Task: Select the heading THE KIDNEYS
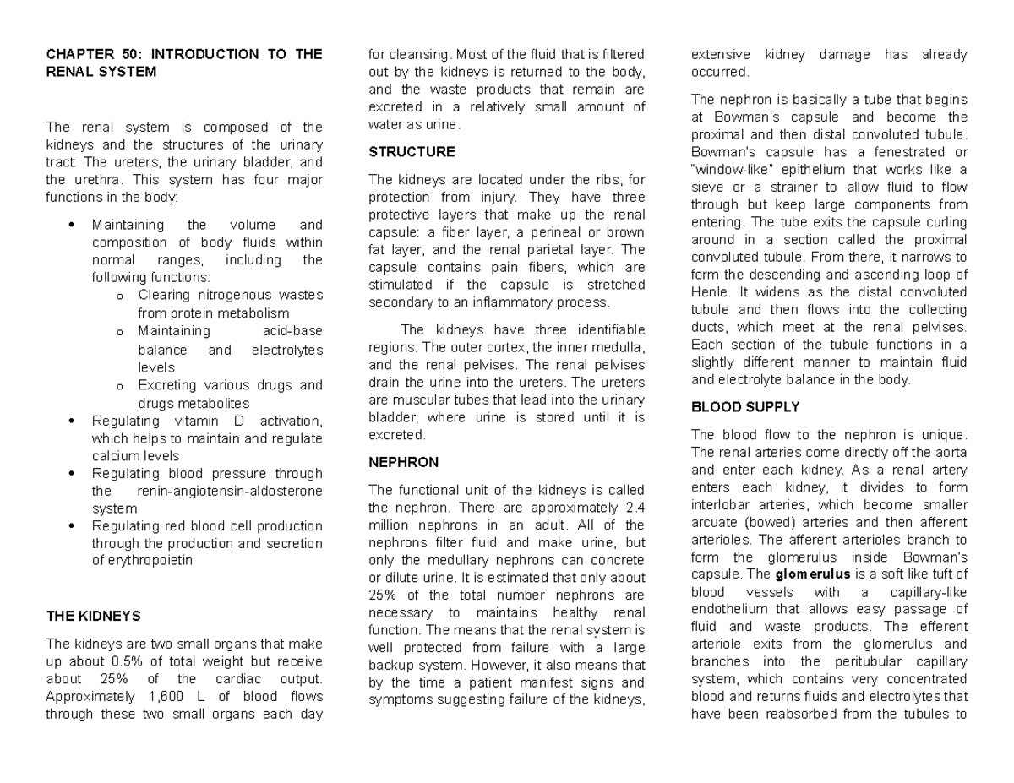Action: [x=93, y=616]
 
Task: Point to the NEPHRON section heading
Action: [x=404, y=463]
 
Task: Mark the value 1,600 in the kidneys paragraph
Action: [x=163, y=697]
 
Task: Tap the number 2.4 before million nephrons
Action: [x=635, y=508]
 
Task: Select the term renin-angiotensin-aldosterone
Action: [x=228, y=491]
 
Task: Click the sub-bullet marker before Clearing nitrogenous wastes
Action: [x=119, y=296]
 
